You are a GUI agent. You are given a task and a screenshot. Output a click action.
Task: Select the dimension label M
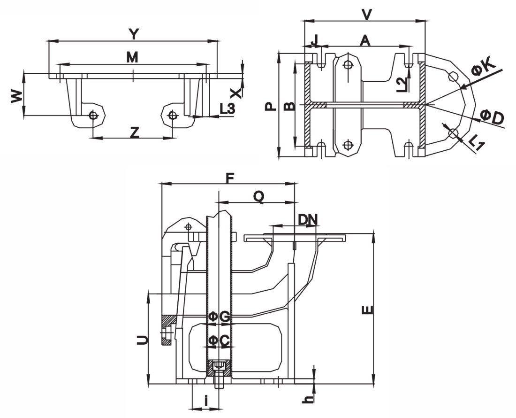pyautogui.click(x=133, y=57)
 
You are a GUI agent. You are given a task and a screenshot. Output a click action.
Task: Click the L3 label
pyautogui.click(x=227, y=109)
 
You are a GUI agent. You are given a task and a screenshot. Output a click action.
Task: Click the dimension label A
pyautogui.click(x=365, y=41)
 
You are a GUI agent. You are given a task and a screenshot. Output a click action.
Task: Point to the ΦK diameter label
pyautogui.click(x=483, y=67)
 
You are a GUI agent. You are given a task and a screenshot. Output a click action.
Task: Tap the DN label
pyautogui.click(x=308, y=219)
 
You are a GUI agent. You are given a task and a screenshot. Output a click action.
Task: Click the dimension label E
pyautogui.click(x=368, y=310)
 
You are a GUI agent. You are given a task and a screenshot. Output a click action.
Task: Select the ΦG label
pyautogui.click(x=219, y=317)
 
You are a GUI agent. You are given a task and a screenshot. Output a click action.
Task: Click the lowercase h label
pyautogui.click(x=308, y=399)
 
